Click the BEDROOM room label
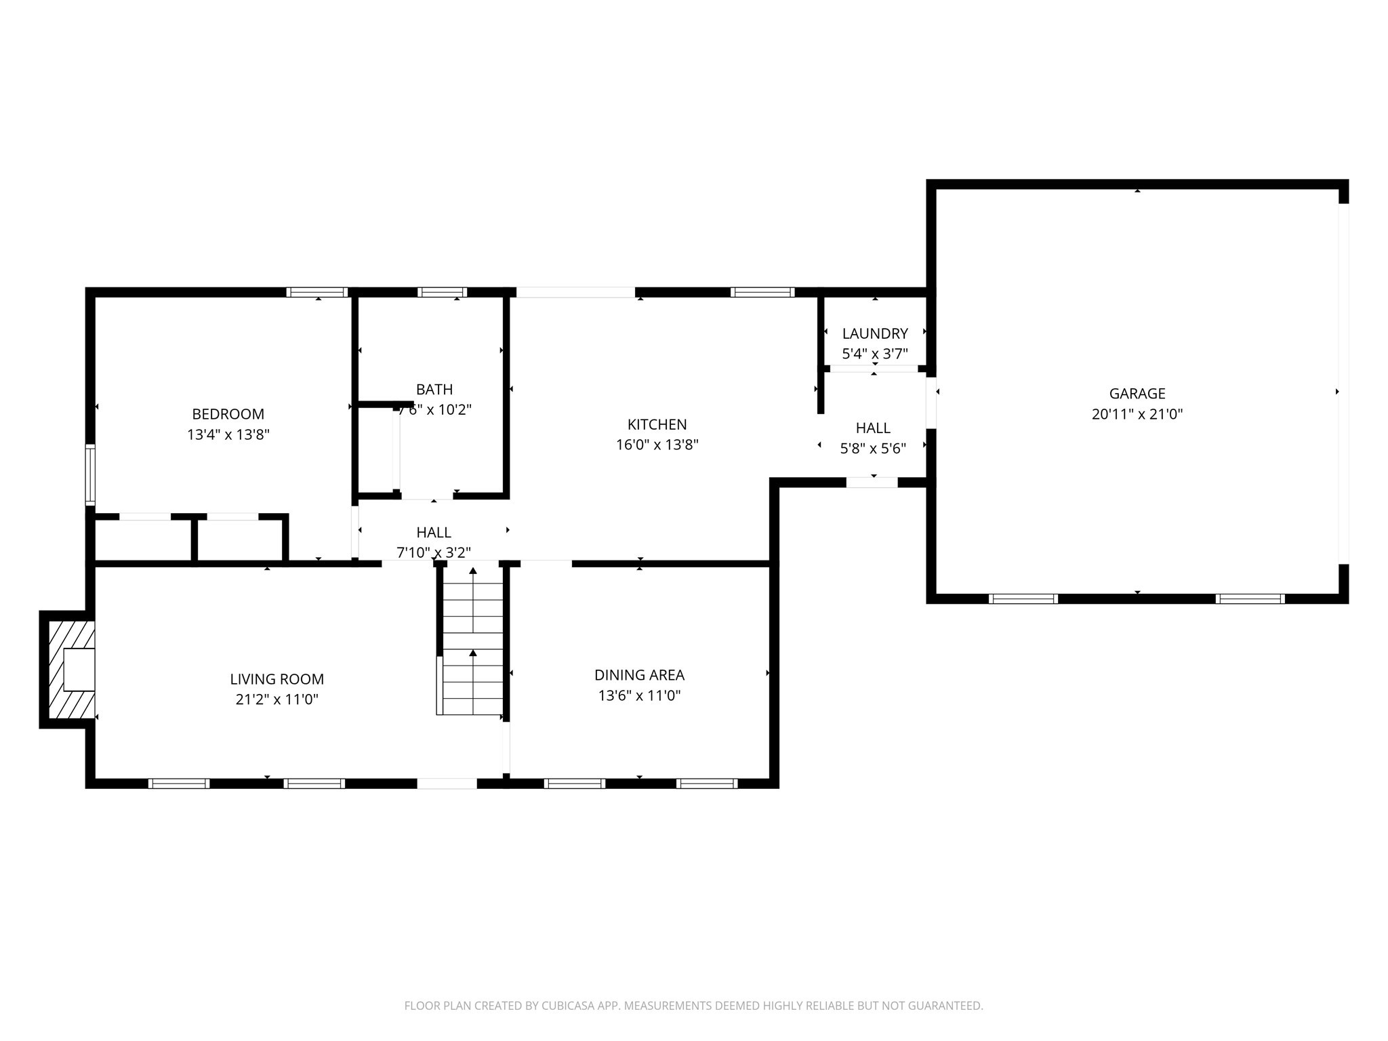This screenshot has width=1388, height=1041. [228, 414]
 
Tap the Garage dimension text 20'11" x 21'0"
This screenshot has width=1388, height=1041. [1137, 414]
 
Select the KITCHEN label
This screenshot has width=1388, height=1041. [657, 425]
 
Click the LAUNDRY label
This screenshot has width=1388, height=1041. [874, 333]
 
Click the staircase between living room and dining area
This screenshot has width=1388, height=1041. [472, 640]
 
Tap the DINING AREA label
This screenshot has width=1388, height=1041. [639, 675]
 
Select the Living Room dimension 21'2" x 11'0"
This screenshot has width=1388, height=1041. [277, 699]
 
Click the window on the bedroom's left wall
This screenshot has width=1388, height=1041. [89, 474]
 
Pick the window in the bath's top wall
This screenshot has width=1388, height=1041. [442, 292]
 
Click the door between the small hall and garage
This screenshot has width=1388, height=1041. [931, 403]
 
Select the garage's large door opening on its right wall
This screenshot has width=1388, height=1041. [1343, 384]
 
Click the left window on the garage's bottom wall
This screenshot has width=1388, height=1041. [1023, 598]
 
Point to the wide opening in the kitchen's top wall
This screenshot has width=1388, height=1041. [575, 292]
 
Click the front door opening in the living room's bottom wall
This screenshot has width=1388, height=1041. [447, 783]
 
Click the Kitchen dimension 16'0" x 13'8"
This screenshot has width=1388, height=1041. [657, 445]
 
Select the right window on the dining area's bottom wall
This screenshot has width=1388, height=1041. [706, 783]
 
